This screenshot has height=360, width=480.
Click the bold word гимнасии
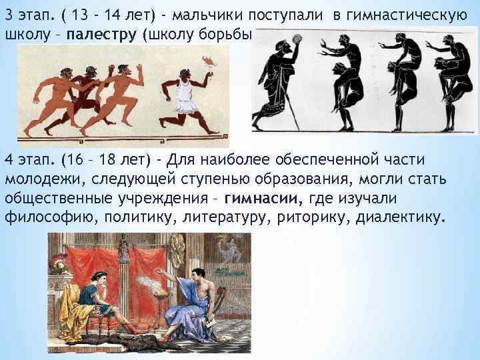click(x=263, y=199)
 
